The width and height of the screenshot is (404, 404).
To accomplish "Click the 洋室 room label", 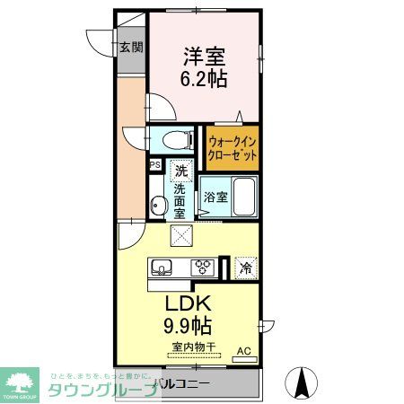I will tap(204, 55).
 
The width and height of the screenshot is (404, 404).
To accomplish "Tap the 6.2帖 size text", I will tap(204, 78).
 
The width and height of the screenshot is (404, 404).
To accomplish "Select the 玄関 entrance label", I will tap(131, 48).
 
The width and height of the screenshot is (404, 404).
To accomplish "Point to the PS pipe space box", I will tap(154, 165).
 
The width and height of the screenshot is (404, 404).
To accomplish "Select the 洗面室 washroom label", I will tap(180, 202).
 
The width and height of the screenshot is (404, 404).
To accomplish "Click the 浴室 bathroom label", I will tap(214, 197).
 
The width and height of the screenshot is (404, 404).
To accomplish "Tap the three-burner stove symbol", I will tap(203, 267).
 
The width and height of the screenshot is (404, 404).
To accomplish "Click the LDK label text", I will tap(186, 301).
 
